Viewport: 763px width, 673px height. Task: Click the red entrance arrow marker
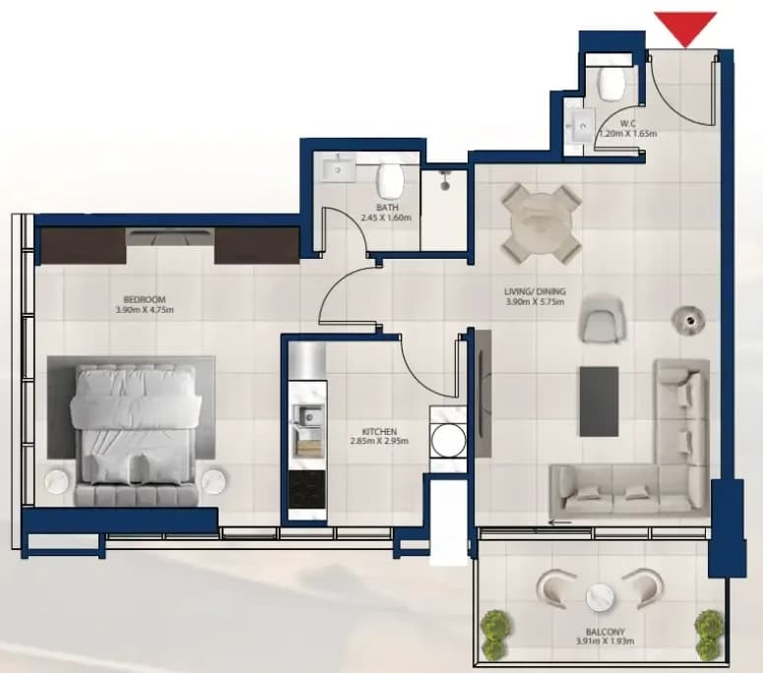click(685, 29)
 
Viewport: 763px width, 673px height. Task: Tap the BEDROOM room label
click(145, 299)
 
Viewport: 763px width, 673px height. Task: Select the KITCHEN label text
click(380, 432)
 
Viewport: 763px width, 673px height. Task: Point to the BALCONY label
click(605, 632)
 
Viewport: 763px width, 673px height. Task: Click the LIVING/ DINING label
click(535, 292)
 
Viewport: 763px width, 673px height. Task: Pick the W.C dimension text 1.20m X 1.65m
click(628, 133)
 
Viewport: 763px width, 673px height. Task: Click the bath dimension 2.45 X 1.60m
click(386, 217)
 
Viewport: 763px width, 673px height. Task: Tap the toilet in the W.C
click(611, 84)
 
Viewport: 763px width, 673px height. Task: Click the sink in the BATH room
click(339, 169)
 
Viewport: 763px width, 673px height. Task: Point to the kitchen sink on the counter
click(307, 417)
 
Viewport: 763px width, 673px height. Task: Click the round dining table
click(541, 224)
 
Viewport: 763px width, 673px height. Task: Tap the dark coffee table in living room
click(599, 401)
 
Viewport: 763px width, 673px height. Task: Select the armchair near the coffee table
click(602, 318)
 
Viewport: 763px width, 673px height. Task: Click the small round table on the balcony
click(601, 596)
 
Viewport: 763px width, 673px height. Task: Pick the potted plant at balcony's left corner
click(496, 634)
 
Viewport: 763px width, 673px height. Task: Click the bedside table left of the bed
click(59, 481)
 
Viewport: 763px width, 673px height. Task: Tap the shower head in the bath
click(444, 180)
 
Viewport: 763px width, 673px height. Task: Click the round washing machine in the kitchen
click(448, 440)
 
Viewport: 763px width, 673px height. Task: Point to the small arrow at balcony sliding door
click(559, 522)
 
